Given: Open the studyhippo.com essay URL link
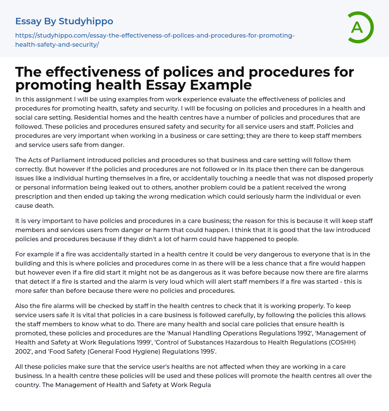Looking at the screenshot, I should coord(155,40).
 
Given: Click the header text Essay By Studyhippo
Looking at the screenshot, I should coord(64,21).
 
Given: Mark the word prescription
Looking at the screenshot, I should coord(35,196).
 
